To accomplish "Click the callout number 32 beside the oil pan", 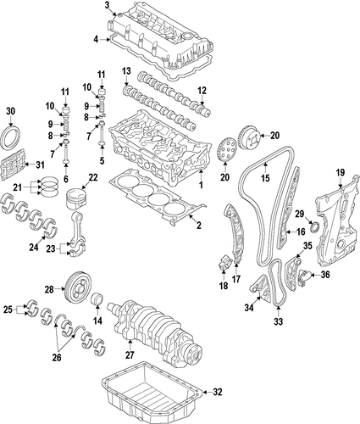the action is click(218, 392).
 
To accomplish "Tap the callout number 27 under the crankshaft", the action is click(130, 354).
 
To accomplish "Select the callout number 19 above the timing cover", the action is click(341, 172).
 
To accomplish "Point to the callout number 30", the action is click(10, 111).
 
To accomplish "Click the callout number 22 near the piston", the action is click(93, 177).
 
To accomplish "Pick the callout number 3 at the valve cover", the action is click(107, 5).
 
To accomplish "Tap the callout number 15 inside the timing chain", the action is click(265, 178).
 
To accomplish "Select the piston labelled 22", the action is click(75, 199).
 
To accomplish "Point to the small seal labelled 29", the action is click(314, 228).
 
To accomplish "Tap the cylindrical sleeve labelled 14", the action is click(97, 299).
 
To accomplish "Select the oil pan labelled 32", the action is click(152, 393).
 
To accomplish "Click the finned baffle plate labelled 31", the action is click(14, 165).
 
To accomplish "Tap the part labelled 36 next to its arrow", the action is click(303, 276).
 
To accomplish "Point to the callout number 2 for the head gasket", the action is click(199, 226).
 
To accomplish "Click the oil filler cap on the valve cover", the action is click(186, 36).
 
